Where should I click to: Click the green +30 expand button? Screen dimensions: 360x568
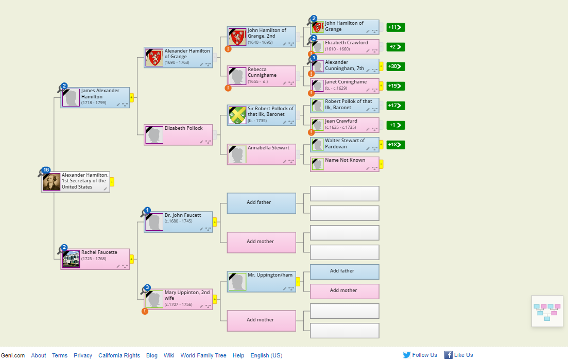click(395, 66)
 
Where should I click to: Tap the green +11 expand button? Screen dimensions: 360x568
click(395, 27)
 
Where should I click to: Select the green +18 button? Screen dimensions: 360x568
click(395, 145)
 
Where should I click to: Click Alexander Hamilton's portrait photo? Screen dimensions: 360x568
click(51, 182)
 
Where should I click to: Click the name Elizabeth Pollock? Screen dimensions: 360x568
click(184, 128)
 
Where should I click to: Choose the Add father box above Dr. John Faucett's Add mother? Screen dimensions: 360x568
click(261, 203)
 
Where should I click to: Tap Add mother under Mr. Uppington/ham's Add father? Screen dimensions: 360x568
click(345, 291)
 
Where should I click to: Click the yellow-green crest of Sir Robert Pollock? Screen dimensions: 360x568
click(237, 115)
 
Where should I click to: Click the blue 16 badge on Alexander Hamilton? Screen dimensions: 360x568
click(46, 170)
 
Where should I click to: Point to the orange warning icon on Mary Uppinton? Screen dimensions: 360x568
click(145, 311)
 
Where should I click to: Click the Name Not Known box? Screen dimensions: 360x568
click(345, 164)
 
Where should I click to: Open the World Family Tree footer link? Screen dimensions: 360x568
click(203, 355)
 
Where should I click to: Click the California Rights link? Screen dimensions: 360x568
click(119, 355)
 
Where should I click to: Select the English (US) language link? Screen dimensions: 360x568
click(266, 355)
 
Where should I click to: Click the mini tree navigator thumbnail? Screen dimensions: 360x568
click(547, 311)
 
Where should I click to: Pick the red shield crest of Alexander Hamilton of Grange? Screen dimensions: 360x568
click(154, 58)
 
